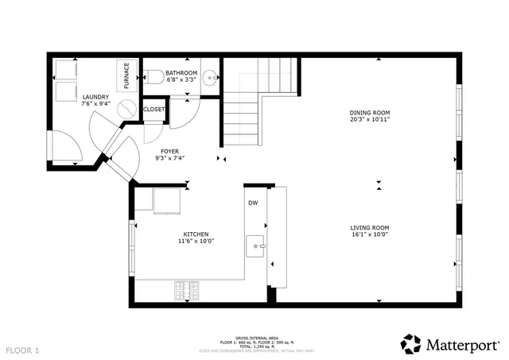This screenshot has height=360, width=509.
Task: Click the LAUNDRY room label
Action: pyautogui.click(x=95, y=98)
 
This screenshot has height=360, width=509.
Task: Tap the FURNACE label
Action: pyautogui.click(x=126, y=75)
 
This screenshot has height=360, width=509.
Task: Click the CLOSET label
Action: pyautogui.click(x=154, y=109)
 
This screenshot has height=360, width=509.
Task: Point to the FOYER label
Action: pyautogui.click(x=169, y=151)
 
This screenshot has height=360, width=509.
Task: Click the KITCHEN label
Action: pyautogui.click(x=196, y=234)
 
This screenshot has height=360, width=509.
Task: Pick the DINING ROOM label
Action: pyautogui.click(x=370, y=113)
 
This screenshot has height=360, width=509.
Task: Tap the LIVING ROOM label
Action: pyautogui.click(x=370, y=227)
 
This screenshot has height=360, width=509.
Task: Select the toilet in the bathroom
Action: pyautogui.click(x=154, y=77)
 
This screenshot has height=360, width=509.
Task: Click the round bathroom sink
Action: pyautogui.click(x=210, y=76)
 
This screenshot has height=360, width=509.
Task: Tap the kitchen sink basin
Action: pyautogui.click(x=255, y=244)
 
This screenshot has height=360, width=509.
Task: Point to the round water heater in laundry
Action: pyautogui.click(x=127, y=109)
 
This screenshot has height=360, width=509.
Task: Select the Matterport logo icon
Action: pyautogui.click(x=410, y=343)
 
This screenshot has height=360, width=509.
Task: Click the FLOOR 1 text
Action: pyautogui.click(x=22, y=350)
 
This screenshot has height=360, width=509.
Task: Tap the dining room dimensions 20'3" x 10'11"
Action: pyautogui.click(x=370, y=121)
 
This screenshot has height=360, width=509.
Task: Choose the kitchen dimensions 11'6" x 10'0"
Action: pyautogui.click(x=196, y=242)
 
